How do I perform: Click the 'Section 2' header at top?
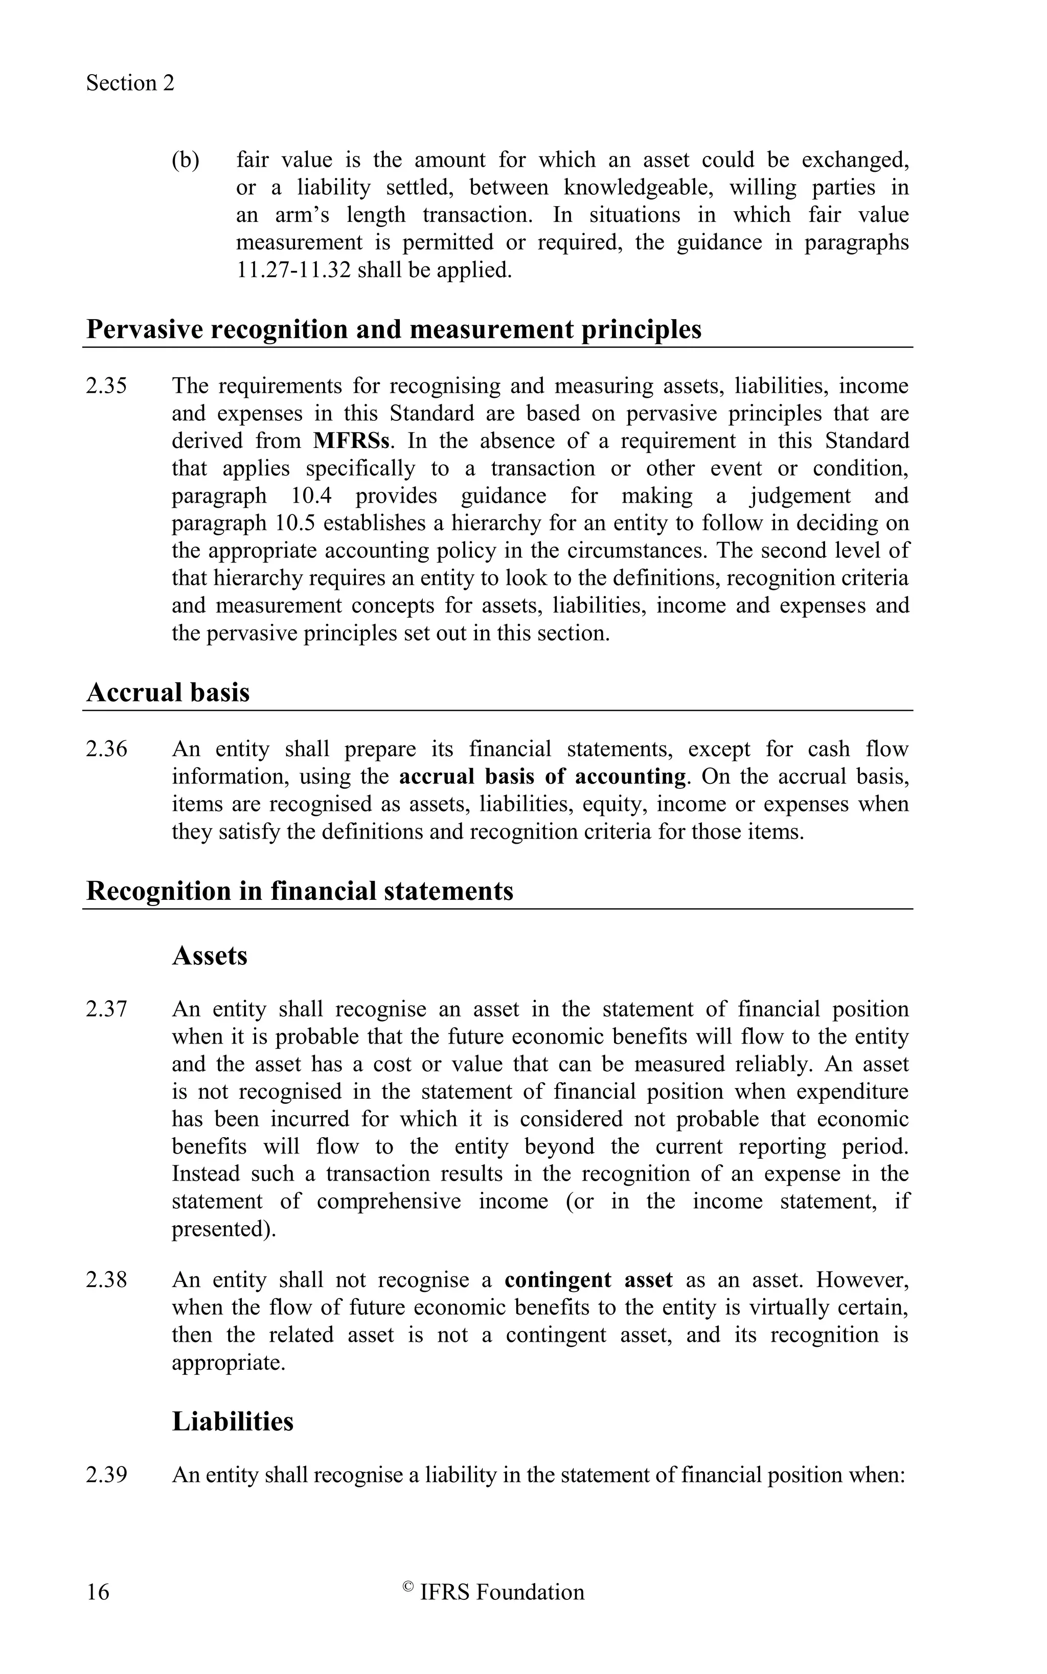(130, 83)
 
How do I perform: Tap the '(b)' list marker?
(185, 160)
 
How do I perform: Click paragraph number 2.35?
(107, 386)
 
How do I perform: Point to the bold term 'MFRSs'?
(352, 441)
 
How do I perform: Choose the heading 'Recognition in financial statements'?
(300, 891)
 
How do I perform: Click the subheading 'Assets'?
(210, 956)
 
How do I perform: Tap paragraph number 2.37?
(107, 1009)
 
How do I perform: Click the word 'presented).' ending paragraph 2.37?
(224, 1229)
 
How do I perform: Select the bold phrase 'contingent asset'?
(588, 1280)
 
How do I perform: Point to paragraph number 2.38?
(107, 1280)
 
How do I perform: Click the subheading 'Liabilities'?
(233, 1421)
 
